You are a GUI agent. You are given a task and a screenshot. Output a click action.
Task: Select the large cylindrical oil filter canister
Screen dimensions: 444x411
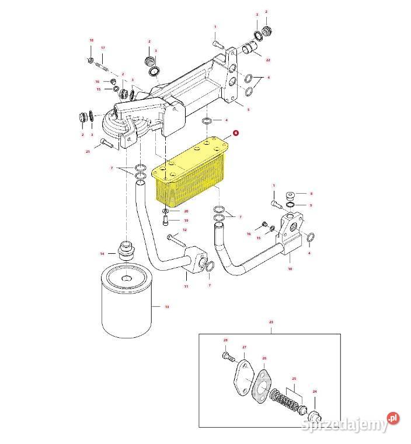[127, 304]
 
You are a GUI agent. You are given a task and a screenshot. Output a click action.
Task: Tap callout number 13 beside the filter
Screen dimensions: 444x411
[166, 307]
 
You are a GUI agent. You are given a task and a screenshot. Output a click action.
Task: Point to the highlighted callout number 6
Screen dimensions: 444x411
[235, 133]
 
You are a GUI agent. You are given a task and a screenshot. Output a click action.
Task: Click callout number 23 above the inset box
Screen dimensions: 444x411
[271, 322]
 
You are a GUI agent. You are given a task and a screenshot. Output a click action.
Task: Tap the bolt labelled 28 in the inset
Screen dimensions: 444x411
[227, 355]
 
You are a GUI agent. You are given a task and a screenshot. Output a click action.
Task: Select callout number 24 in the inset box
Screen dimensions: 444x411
[315, 391]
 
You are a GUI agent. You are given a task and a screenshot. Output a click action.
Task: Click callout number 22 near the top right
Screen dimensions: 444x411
[268, 60]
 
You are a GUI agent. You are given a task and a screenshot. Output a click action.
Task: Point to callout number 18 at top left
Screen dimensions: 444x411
[91, 40]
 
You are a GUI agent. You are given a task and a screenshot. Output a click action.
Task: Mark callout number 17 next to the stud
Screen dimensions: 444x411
[103, 47]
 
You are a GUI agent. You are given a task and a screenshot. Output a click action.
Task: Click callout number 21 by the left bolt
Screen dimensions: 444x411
[88, 152]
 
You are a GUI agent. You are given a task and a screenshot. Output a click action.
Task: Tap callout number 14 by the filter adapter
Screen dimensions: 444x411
[102, 254]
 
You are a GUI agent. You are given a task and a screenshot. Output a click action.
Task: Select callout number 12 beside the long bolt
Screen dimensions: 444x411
[184, 230]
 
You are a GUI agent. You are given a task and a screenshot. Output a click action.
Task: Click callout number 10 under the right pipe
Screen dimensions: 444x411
[290, 270]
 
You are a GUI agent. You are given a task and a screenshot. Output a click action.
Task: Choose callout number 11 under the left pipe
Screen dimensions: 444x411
[186, 286]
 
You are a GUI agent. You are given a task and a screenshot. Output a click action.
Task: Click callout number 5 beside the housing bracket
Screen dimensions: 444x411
[248, 109]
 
